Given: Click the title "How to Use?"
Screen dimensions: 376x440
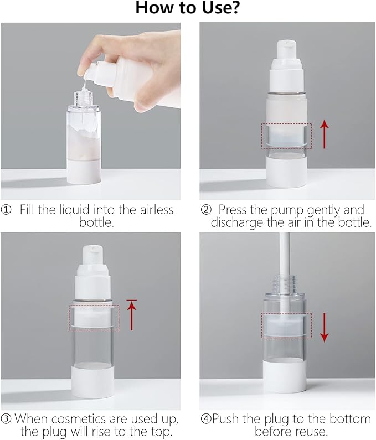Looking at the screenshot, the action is click(x=188, y=8).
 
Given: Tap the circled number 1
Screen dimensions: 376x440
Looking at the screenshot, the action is click(x=6, y=210).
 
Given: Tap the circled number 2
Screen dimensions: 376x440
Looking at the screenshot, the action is click(x=206, y=210).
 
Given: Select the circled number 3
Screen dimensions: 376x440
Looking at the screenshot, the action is click(x=6, y=419).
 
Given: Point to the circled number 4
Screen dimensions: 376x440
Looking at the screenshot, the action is click(x=206, y=419).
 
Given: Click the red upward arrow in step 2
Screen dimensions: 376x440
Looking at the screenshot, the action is click(x=325, y=134).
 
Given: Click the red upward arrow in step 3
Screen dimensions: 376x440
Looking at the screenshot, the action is click(x=132, y=315).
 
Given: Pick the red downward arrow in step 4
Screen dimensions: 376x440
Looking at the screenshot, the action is click(x=325, y=328).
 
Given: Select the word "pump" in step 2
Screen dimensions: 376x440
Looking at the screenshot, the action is click(x=287, y=211).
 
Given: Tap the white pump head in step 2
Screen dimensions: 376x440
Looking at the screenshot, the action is click(x=286, y=65).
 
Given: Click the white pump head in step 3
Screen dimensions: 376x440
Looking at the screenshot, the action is click(x=92, y=272).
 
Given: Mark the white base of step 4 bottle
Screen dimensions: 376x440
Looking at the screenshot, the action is click(x=284, y=375).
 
